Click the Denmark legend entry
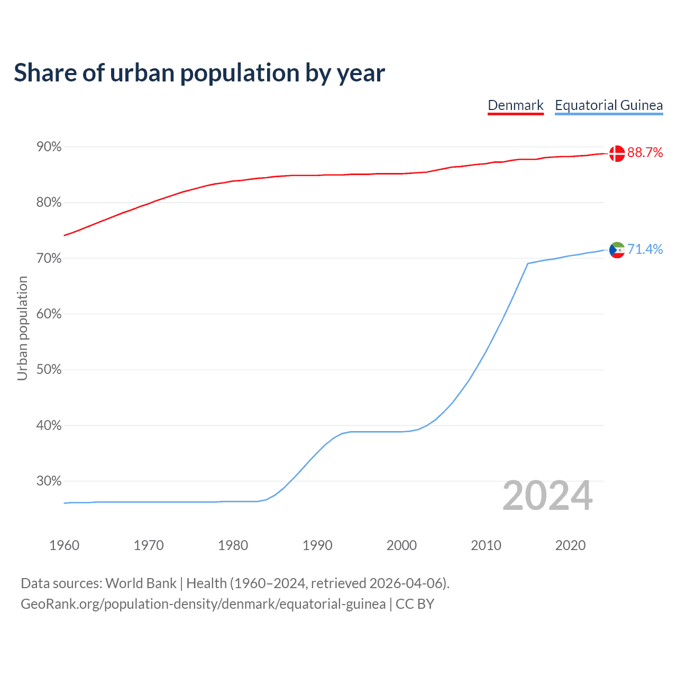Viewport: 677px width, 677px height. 515,105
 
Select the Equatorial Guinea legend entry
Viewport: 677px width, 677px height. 608,105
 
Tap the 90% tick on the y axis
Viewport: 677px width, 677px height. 49,147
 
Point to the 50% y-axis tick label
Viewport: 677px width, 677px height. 49,370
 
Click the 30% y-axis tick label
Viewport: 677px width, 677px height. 49,481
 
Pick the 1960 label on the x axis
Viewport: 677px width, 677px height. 64,545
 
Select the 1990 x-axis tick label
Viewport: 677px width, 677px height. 317,545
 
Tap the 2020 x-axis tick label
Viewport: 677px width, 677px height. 570,545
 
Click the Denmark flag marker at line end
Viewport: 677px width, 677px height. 617,153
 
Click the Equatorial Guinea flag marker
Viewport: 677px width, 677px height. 617,250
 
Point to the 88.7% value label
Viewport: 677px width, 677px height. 645,153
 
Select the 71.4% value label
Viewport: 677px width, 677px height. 645,250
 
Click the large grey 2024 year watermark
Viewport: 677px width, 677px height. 547,496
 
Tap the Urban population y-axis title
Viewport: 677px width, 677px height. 22,328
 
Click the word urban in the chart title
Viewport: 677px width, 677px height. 142,73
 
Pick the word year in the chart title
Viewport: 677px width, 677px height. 361,73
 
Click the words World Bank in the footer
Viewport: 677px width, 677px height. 141,583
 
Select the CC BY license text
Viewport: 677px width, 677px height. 415,604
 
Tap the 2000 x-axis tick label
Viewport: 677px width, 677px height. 401,545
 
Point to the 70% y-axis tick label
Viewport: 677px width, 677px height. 49,259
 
